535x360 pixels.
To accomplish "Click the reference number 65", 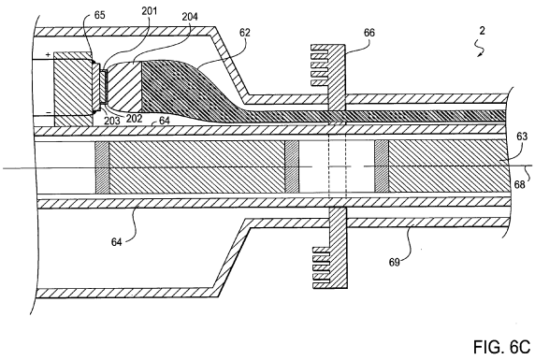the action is pyautogui.click(x=99, y=15).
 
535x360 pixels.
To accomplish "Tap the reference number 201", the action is pyautogui.click(x=150, y=11).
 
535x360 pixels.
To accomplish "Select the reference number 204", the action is pyautogui.click(x=189, y=17).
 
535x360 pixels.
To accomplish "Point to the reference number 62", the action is pyautogui.click(x=245, y=33).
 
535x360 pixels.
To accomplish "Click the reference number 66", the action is pyautogui.click(x=369, y=33).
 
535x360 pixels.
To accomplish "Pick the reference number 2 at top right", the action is pyautogui.click(x=482, y=31).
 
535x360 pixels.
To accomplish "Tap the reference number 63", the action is pyautogui.click(x=522, y=137).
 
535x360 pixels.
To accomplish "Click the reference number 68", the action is pyautogui.click(x=519, y=184).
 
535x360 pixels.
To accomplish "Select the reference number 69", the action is pyautogui.click(x=394, y=262).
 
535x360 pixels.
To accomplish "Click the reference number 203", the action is pyautogui.click(x=112, y=121).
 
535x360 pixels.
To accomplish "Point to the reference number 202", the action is pyautogui.click(x=134, y=119).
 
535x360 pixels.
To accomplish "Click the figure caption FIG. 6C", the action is pyautogui.click(x=501, y=347).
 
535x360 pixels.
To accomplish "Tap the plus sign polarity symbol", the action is pyautogui.click(x=48, y=54).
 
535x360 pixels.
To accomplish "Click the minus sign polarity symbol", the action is pyautogui.click(x=49, y=112).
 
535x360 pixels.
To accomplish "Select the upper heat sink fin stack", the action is pyautogui.click(x=319, y=65).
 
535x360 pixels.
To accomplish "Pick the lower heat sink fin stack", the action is pyautogui.click(x=322, y=267).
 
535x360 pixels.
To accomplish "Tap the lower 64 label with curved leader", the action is pyautogui.click(x=116, y=242).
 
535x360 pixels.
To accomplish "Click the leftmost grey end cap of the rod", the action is pyautogui.click(x=102, y=167).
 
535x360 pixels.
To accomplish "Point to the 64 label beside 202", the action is pyautogui.click(x=165, y=120).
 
